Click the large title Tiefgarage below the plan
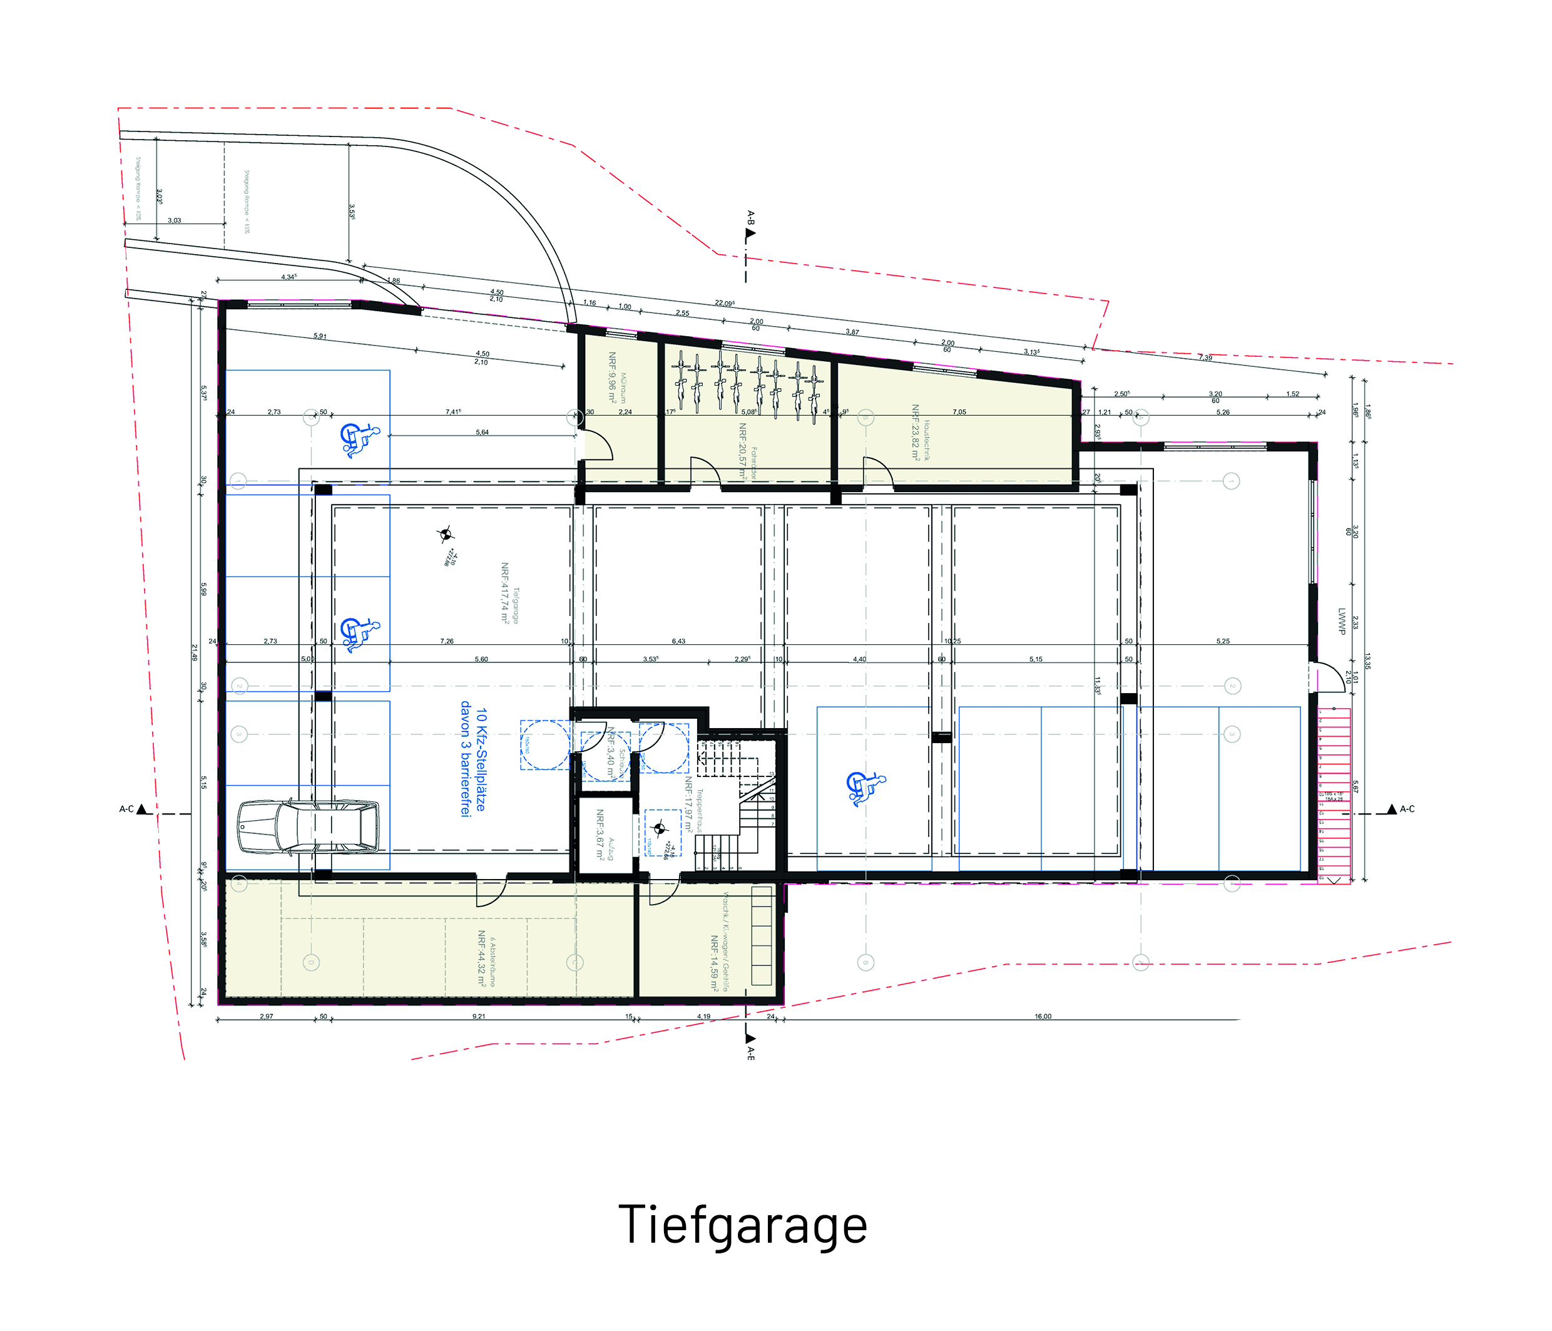pyautogui.click(x=742, y=1225)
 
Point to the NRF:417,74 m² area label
pyautogui.click(x=506, y=593)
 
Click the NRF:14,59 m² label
pyautogui.click(x=715, y=964)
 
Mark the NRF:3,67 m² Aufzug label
pyautogui.click(x=600, y=834)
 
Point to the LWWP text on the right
pyautogui.click(x=1342, y=620)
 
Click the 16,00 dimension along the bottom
pyautogui.click(x=1043, y=1016)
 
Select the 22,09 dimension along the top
pyautogui.click(x=724, y=304)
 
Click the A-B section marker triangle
pyautogui.click(x=750, y=233)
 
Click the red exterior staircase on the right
pyautogui.click(x=1334, y=794)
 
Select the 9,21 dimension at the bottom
pyautogui.click(x=479, y=1016)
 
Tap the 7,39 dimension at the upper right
pyautogui.click(x=1205, y=357)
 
